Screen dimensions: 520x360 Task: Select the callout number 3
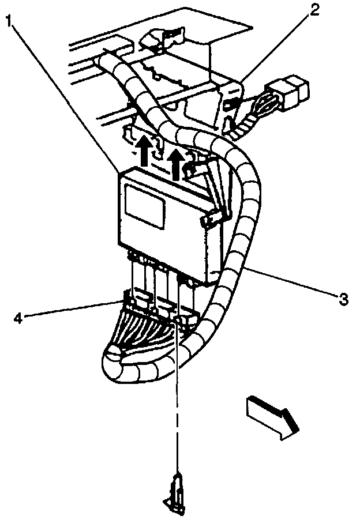point(343,298)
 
